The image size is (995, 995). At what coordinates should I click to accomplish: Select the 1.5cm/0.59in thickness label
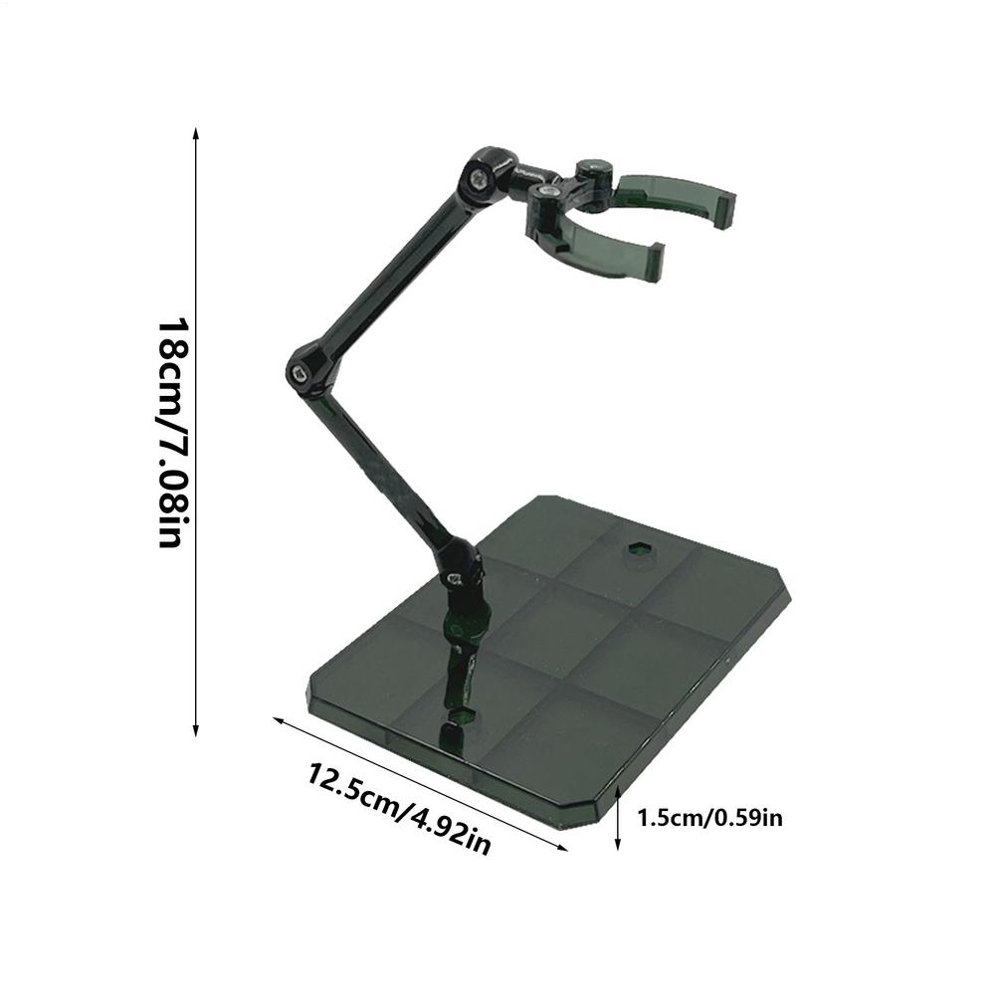pyautogui.click(x=710, y=819)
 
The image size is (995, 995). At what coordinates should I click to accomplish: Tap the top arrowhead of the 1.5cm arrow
pyautogui.click(x=618, y=789)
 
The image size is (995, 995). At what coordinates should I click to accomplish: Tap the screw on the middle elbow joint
pyautogui.click(x=299, y=373)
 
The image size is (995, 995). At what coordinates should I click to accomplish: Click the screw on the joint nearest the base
pyautogui.click(x=453, y=576)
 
